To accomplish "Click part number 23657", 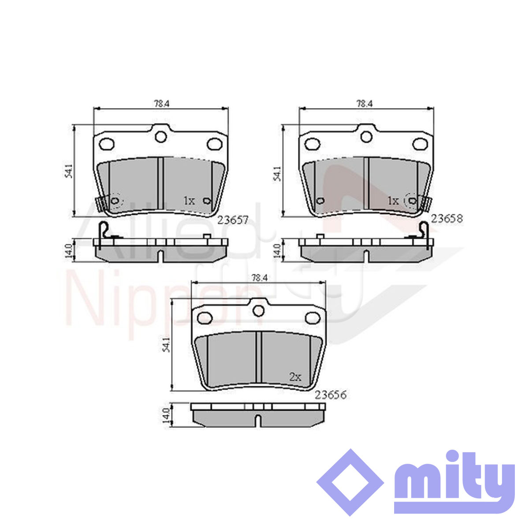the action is (x=233, y=220).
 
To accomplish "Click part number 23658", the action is (x=447, y=219).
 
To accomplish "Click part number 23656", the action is (x=331, y=395).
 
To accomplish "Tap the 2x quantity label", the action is (x=295, y=377).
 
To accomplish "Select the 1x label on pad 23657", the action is (x=189, y=201).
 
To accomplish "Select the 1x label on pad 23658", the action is (x=393, y=201).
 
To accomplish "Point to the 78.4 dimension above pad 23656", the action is (x=260, y=278).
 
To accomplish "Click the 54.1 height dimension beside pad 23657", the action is (x=69, y=171).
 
